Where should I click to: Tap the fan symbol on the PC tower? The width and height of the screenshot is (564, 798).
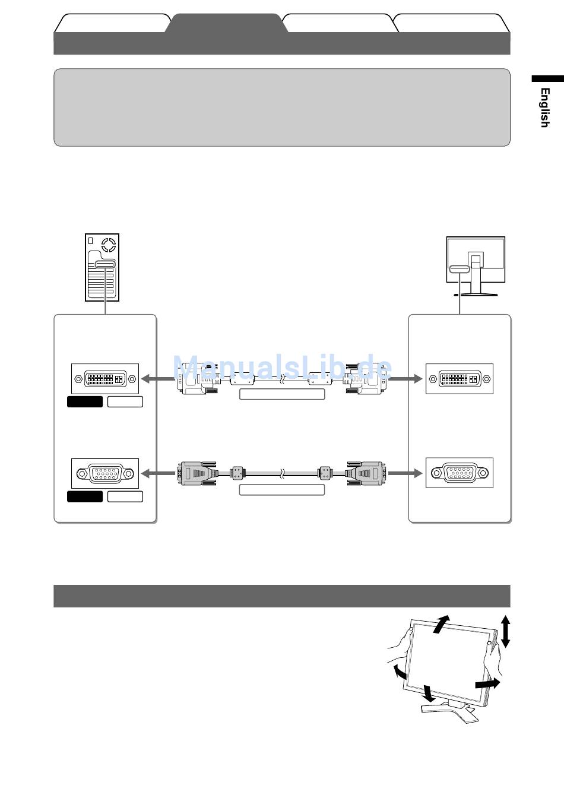108,244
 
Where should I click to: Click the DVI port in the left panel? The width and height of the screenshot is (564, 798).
105,379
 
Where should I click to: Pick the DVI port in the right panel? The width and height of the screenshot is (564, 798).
459,378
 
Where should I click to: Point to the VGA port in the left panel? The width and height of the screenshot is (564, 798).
105,473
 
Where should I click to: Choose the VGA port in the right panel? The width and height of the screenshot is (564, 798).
459,473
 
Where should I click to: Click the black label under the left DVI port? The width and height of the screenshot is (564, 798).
85,402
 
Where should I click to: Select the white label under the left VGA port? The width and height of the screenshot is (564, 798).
125,496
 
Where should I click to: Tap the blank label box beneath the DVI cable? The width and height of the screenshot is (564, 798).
282,394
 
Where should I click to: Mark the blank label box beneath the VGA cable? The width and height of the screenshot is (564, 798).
282,490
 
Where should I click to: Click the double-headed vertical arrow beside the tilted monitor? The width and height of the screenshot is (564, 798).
505,631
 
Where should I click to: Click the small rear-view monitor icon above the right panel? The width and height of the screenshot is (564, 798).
475,265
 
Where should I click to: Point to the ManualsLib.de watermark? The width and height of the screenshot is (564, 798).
282,369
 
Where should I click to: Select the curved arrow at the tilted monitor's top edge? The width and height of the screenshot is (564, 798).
441,624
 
